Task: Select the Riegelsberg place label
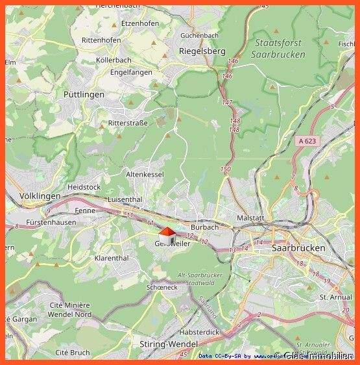pos(201,51)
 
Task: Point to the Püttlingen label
pos(84,94)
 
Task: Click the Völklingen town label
pos(40,195)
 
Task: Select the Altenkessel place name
pos(145,174)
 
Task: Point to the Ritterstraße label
pos(128,123)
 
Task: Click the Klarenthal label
pos(112,258)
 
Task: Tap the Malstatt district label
pos(250,218)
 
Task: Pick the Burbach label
pos(204,227)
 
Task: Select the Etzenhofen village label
pos(139,23)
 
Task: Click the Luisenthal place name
pos(126,199)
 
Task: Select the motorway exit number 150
pos(225,170)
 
